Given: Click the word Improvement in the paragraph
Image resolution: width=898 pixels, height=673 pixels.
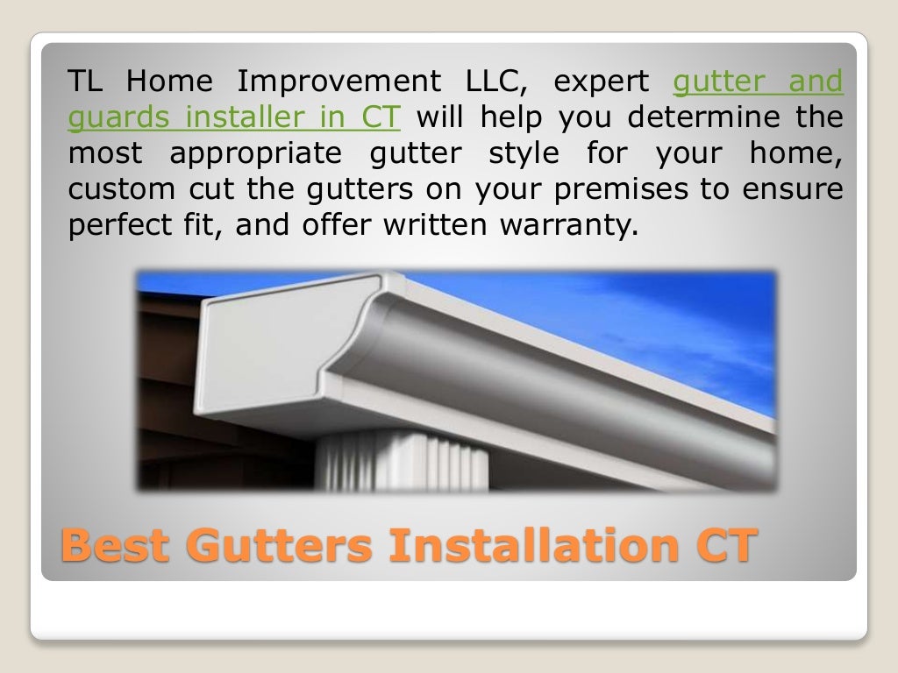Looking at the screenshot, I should [339, 81].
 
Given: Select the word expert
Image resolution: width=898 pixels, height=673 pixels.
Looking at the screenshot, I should [602, 81].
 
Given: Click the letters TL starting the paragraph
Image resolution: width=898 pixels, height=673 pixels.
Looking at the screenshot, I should [87, 81].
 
